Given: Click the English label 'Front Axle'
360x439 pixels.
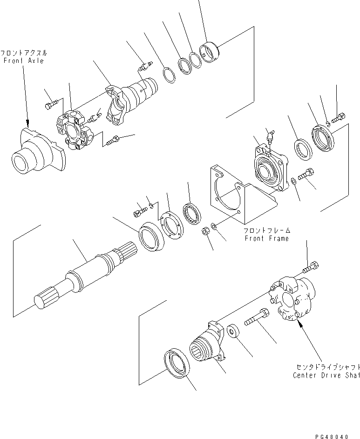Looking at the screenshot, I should (23, 61).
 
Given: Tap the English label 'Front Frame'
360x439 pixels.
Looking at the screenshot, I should (267, 238).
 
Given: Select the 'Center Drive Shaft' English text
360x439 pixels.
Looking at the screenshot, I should (326, 375).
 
